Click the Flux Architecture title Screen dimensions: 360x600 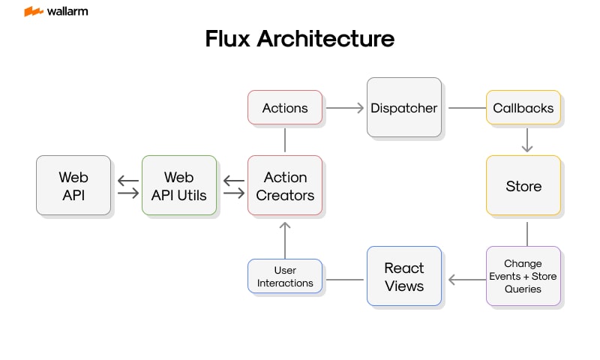[x=299, y=39]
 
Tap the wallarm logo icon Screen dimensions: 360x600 [x=33, y=11]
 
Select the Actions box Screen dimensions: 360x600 [x=285, y=108]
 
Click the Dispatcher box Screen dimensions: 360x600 [x=403, y=107]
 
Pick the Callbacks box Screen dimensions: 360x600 [x=523, y=108]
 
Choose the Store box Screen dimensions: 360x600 [x=523, y=186]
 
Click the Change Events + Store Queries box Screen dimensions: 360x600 [x=523, y=276]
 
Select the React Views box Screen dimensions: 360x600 [x=403, y=276]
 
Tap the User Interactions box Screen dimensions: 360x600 [x=285, y=276]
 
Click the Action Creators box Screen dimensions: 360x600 [x=285, y=186]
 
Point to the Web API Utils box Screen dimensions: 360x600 [x=178, y=186]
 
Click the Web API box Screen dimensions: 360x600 [x=73, y=186]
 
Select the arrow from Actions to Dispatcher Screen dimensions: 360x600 [x=345, y=108]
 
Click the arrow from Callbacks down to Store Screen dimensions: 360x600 [x=526, y=140]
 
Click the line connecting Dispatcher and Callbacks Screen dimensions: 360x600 [x=466, y=108]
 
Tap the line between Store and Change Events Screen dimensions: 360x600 [x=526, y=233]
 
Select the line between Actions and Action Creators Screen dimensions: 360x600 [x=285, y=139]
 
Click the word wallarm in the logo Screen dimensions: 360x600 [x=68, y=11]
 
